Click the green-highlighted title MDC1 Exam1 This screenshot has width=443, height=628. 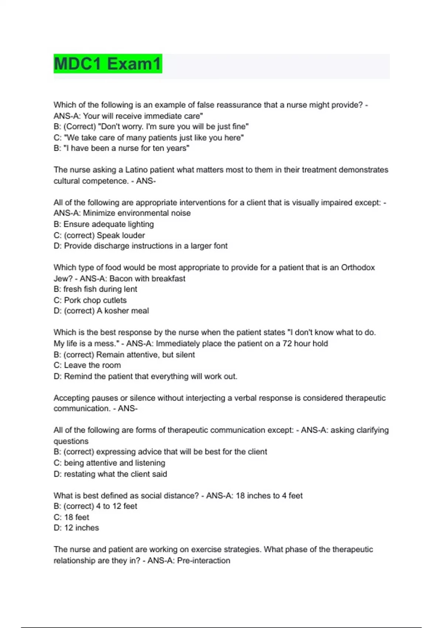108,64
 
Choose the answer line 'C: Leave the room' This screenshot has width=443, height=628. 87,365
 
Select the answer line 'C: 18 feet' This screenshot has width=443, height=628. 71,517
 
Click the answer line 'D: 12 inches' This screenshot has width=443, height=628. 76,528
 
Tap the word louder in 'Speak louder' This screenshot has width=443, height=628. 134,235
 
